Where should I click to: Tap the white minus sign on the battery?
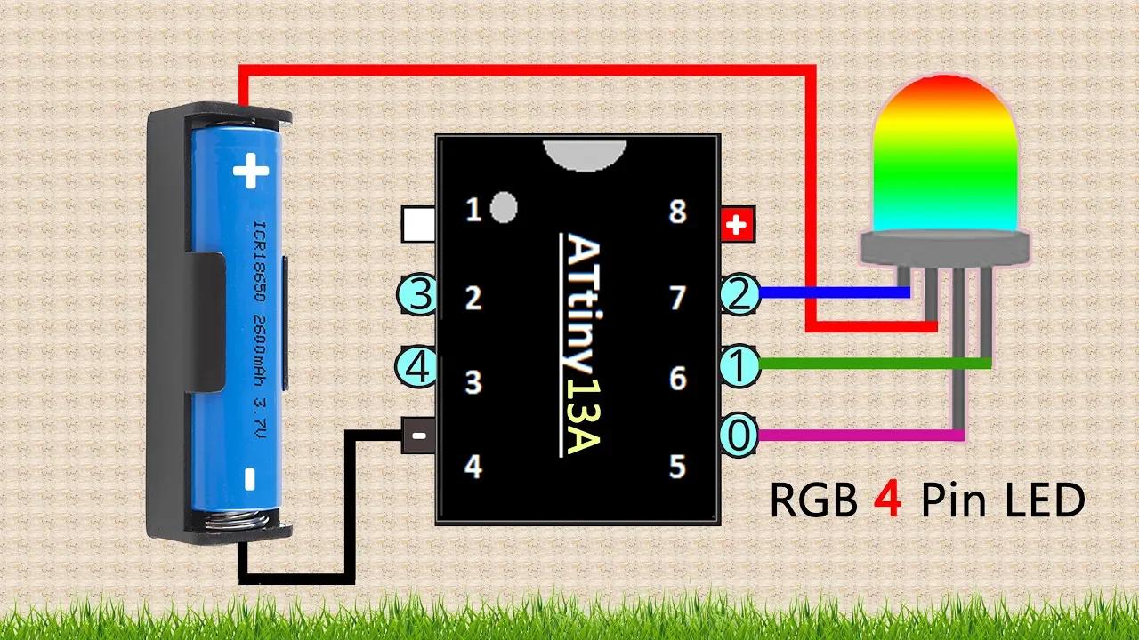250,479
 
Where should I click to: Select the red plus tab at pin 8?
736,225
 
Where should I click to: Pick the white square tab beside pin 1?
417,224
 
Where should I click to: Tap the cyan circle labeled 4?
416,366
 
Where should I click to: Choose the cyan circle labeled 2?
738,295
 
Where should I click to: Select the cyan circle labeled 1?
738,364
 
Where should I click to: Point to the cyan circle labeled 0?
738,436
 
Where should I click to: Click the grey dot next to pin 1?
504,206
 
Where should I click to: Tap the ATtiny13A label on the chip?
582,344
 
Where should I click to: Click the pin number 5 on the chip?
678,466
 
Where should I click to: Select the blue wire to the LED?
828,291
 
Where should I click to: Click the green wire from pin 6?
872,363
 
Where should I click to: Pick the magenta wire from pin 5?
854,436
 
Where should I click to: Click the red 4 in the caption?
887,500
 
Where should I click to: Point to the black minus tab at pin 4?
417,436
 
